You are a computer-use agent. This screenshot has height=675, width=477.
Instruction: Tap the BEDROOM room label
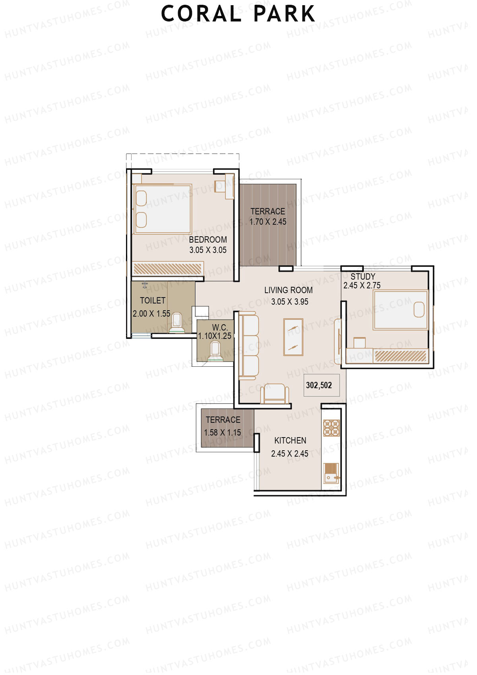(208, 239)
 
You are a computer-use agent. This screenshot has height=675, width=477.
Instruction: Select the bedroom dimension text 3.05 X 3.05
(208, 250)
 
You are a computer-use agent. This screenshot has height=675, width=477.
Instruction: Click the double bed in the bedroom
(163, 209)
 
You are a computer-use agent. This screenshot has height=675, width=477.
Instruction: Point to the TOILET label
(153, 300)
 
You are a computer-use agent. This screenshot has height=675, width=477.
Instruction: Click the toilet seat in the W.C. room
(215, 350)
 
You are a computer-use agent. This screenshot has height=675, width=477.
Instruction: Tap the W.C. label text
(220, 327)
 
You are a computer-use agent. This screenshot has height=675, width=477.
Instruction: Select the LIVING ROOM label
(289, 290)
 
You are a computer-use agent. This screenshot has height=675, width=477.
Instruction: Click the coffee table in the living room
(293, 337)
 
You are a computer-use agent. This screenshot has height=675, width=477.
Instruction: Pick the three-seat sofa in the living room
(248, 346)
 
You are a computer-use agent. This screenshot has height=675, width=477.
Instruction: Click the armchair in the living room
(274, 393)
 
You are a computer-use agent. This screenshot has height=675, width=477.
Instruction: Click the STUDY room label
(363, 276)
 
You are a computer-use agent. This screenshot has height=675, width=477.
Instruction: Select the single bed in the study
(400, 310)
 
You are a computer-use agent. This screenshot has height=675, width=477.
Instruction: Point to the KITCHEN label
(290, 441)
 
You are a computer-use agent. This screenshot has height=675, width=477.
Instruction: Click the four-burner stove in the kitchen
(331, 428)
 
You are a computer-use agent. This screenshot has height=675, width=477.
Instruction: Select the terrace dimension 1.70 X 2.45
(268, 222)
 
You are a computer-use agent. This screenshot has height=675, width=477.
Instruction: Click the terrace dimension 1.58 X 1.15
(223, 432)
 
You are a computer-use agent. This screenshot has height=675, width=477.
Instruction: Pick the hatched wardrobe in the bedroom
(168, 268)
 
